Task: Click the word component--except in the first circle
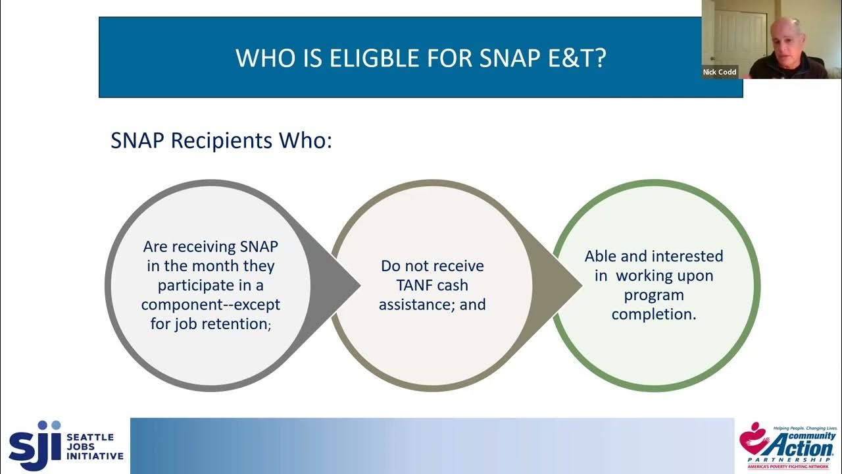(210, 305)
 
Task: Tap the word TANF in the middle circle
(407, 286)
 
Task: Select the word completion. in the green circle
(654, 315)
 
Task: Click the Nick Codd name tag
(720, 72)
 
